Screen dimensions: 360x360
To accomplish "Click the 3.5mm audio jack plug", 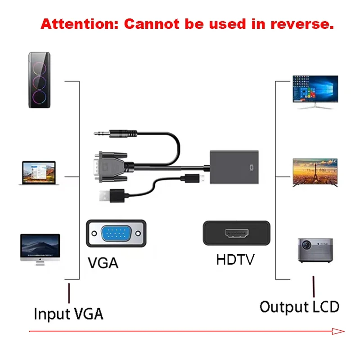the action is coord(115,133).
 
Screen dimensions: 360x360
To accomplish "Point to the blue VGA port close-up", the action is coord(116,234).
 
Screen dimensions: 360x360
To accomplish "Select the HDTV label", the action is coord(235,260).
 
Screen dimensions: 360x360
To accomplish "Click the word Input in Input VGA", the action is coord(52,314).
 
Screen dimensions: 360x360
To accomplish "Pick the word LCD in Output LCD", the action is coord(325,307).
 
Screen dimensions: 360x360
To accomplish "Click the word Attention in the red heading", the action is coord(79,24).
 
